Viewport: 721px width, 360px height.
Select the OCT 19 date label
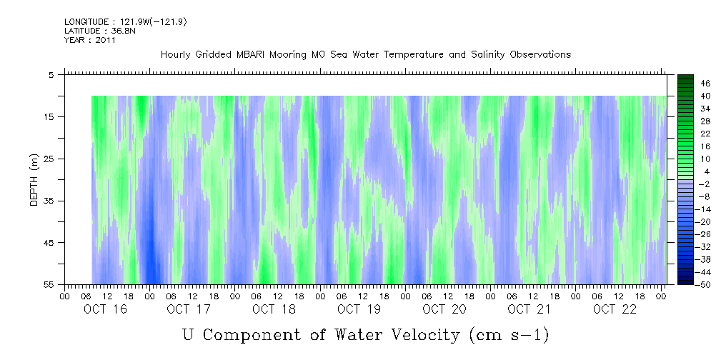click(359, 309)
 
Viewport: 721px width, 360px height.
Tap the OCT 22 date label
click(614, 309)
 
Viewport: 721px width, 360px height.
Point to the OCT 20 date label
click(444, 309)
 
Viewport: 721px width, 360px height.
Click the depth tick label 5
click(51, 75)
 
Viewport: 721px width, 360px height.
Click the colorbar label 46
click(705, 84)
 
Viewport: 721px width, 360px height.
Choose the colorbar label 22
click(705, 134)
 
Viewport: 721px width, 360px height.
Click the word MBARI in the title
click(254, 55)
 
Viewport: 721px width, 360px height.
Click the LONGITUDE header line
click(125, 22)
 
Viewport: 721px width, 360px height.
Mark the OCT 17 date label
click(189, 309)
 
